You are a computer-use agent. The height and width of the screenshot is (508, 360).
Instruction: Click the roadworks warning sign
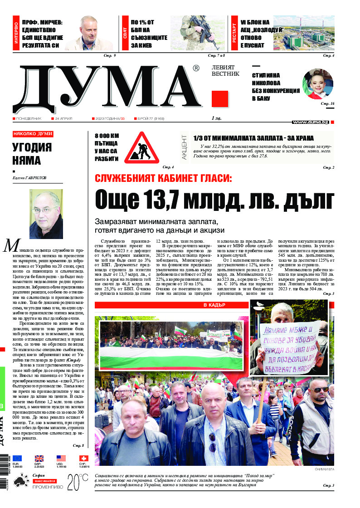(x=141, y=147)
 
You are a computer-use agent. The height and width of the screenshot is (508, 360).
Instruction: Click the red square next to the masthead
(x=220, y=99)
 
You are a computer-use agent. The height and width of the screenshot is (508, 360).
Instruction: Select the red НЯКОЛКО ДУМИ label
(x=33, y=134)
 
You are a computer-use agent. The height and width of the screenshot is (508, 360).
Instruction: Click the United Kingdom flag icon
(x=39, y=458)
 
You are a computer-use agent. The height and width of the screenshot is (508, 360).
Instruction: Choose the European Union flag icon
(x=17, y=458)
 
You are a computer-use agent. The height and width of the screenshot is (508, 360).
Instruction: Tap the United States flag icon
(x=61, y=458)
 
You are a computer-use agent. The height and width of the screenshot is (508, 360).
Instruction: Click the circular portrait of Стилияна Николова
(x=317, y=84)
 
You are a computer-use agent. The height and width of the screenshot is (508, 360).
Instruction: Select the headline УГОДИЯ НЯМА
(x=32, y=154)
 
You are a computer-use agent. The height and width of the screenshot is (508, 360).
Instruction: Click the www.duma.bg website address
(x=310, y=122)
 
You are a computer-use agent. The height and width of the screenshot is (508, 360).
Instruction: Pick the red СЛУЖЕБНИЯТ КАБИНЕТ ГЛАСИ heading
(x=163, y=178)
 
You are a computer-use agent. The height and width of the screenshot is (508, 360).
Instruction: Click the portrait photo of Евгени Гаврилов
(x=46, y=211)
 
